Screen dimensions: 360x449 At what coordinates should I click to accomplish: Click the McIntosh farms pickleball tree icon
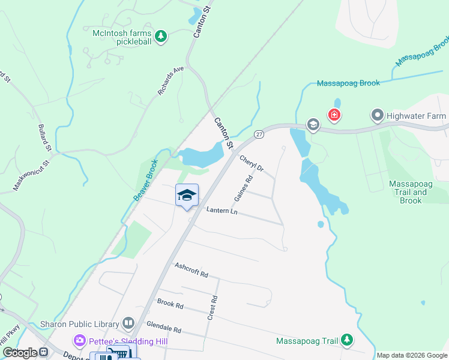[161, 37]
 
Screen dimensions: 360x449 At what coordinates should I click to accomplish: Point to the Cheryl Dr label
[252, 164]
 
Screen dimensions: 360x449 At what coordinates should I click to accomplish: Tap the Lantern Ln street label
[221, 211]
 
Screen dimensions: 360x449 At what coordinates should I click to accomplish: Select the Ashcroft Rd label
[191, 270]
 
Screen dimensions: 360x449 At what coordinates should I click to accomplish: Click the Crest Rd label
[211, 307]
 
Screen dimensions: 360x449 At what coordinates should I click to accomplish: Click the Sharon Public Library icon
[128, 324]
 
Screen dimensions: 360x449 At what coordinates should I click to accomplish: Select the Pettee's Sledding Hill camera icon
[80, 341]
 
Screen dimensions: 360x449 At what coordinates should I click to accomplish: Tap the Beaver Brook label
[145, 180]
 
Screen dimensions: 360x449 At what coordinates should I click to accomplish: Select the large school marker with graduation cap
[187, 195]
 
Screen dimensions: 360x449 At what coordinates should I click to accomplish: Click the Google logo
[20, 353]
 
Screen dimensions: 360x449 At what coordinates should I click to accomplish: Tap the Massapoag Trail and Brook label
[411, 192]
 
